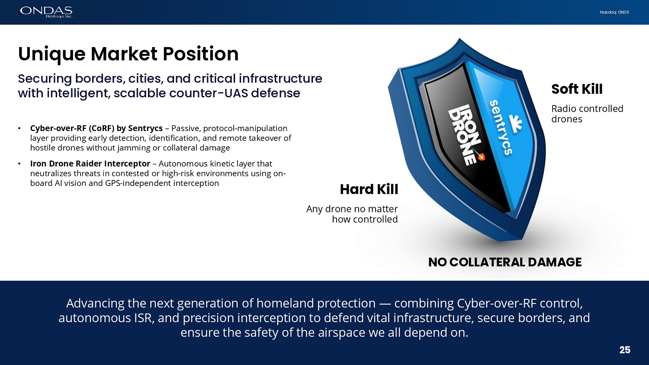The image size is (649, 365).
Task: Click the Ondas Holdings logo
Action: click(46, 12)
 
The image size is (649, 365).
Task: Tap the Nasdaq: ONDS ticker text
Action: click(614, 12)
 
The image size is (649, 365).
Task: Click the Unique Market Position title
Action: click(128, 54)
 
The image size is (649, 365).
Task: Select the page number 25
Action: click(625, 350)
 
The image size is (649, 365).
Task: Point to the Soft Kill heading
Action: click(577, 89)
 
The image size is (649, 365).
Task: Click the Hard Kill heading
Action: click(369, 189)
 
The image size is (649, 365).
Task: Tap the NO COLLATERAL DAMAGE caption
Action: click(505, 262)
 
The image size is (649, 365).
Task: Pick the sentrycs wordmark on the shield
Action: click(501, 128)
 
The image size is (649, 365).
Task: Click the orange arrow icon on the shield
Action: click(481, 157)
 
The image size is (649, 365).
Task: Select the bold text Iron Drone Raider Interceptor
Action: click(90, 163)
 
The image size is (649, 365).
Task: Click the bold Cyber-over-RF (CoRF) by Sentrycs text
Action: click(96, 128)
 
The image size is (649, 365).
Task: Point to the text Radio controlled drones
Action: click(587, 114)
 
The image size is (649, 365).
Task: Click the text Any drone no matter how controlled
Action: click(352, 214)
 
